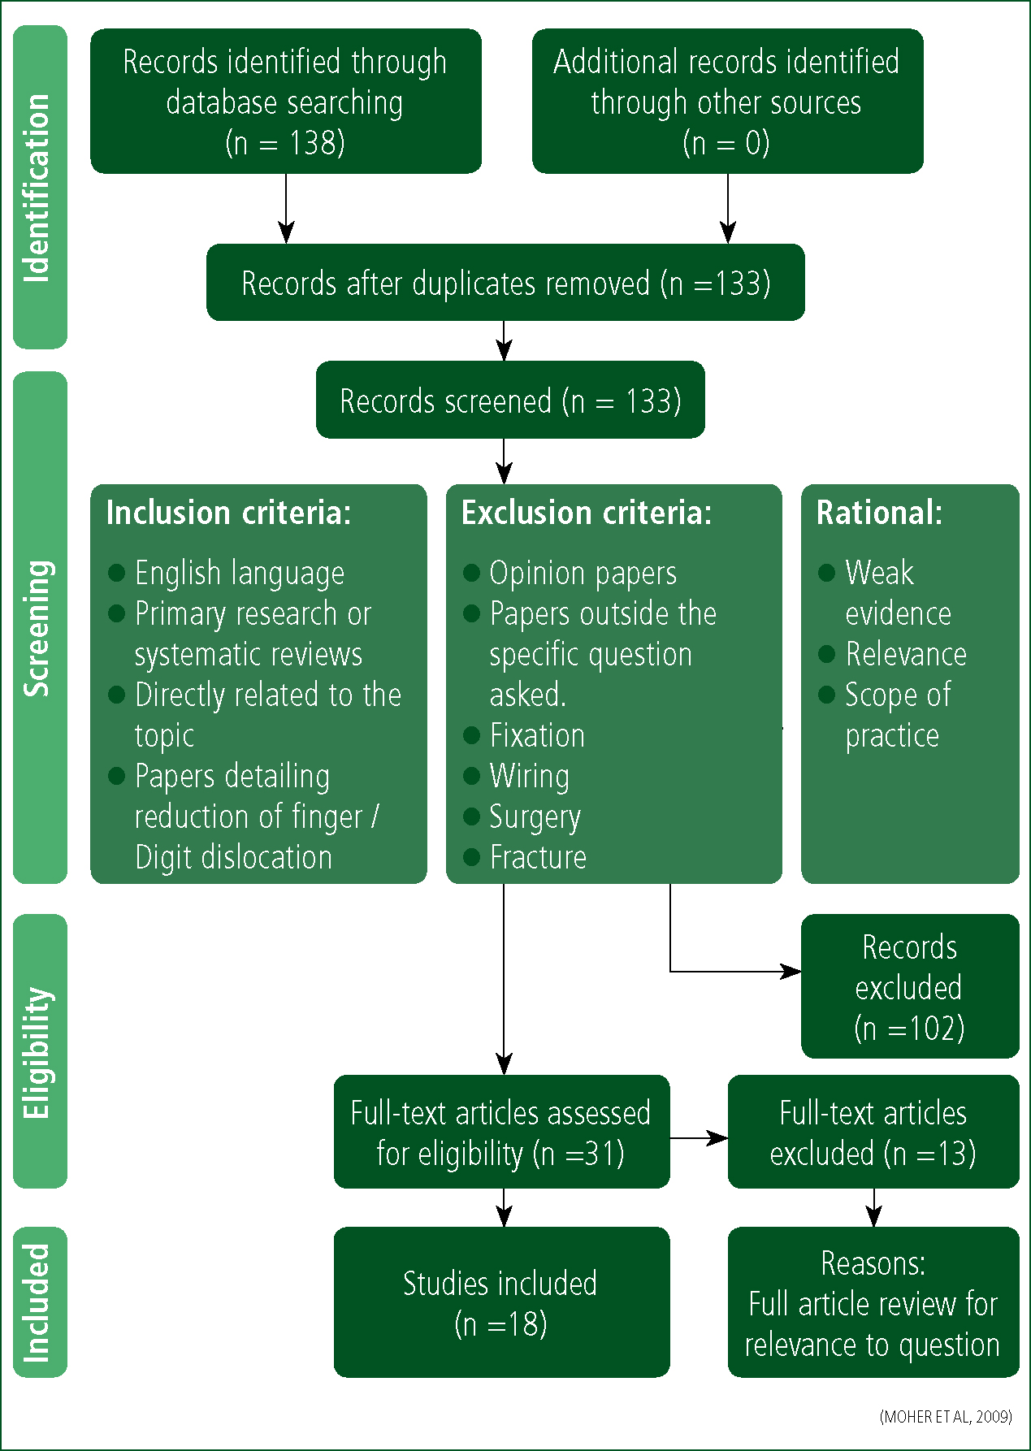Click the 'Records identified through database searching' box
click(286, 102)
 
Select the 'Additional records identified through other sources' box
click(728, 102)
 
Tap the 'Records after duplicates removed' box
click(505, 283)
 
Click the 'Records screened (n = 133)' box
click(510, 400)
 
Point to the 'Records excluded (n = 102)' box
click(910, 986)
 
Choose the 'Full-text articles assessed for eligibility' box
click(502, 1132)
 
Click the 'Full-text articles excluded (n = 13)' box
click(873, 1132)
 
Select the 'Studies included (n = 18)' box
click(502, 1302)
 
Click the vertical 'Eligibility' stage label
click(37, 1053)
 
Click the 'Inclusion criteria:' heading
click(228, 513)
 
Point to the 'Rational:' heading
click(879, 513)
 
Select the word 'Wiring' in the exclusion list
click(529, 777)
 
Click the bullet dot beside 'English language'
click(116, 573)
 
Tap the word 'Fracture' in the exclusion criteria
click(538, 857)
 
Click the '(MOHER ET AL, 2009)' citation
click(946, 1417)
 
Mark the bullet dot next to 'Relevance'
click(827, 654)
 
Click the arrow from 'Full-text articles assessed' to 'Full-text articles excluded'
click(699, 1138)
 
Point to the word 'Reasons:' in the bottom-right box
click(873, 1263)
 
